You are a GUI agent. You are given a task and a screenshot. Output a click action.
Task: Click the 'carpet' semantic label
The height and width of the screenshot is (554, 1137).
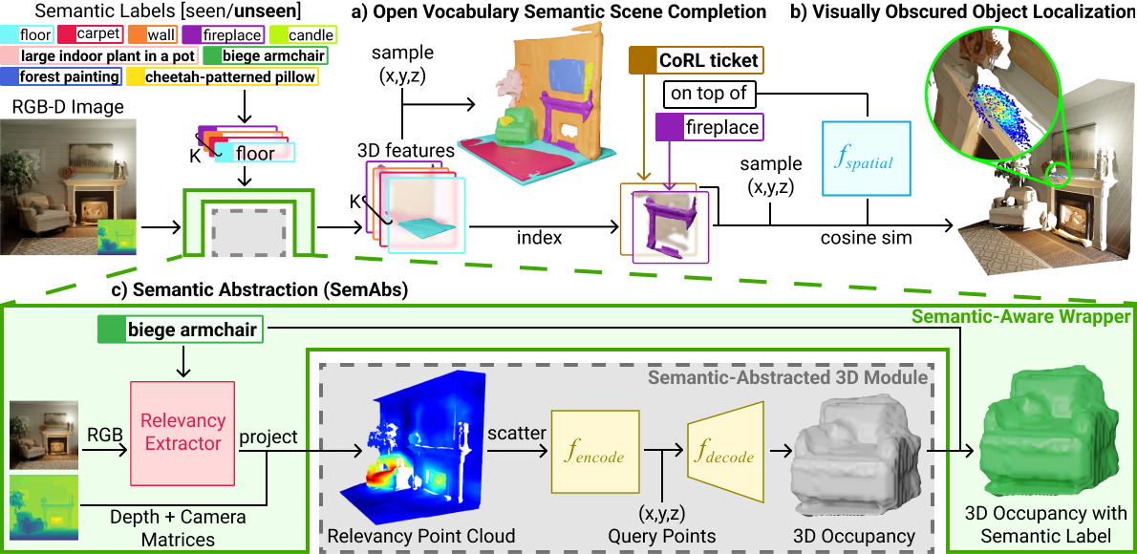click(91, 33)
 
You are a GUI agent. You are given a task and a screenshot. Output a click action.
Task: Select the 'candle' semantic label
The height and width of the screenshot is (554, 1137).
click(297, 33)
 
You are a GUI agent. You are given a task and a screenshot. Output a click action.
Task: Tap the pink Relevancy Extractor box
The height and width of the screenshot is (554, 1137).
click(182, 431)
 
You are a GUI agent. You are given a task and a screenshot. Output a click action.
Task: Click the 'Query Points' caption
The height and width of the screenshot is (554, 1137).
click(660, 536)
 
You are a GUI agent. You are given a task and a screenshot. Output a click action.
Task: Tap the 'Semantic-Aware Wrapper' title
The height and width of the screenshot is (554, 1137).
click(1019, 316)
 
